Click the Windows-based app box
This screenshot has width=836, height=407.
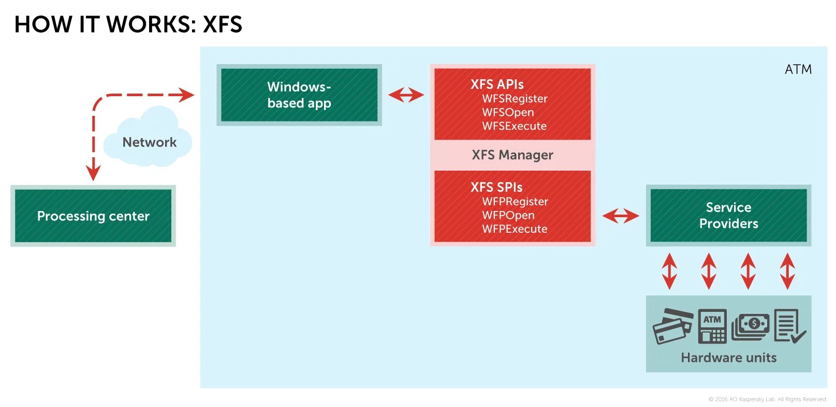[299, 95]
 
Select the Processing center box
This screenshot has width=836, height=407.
[93, 216]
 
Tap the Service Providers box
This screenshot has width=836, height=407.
[728, 215]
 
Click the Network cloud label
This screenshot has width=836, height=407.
[149, 142]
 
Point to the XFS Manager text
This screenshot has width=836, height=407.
[512, 155]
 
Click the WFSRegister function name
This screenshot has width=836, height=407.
[515, 99]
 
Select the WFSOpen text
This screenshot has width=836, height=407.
[508, 112]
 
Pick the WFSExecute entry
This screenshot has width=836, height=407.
[514, 126]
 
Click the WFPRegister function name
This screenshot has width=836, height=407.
[515, 202]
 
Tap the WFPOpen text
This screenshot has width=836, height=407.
[508, 215]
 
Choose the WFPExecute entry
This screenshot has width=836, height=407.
[515, 229]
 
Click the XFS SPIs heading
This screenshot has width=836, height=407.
[496, 187]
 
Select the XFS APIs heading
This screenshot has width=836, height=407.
[497, 84]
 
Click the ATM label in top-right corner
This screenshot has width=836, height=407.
[798, 69]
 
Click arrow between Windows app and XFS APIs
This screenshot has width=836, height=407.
[406, 95]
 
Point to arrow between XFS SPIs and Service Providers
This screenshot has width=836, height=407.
[621, 216]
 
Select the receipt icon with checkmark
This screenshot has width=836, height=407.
[789, 326]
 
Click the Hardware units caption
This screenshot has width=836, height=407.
[728, 358]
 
